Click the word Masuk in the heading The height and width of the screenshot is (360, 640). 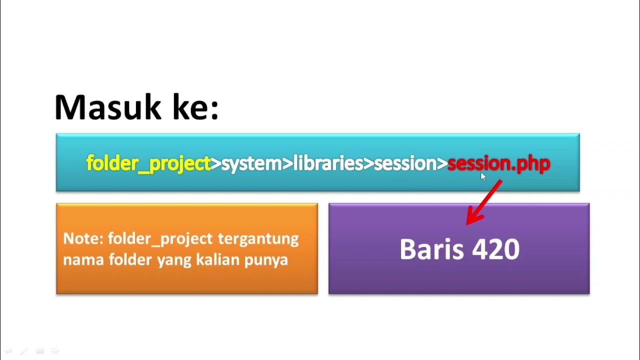pos(108,107)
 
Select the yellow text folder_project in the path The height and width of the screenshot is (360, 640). pos(148,163)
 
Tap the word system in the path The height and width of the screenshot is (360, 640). pos(251,163)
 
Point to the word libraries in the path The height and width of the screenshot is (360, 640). pos(327,163)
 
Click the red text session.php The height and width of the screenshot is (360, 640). pos(498,163)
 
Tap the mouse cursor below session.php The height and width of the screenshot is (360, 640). pos(483,176)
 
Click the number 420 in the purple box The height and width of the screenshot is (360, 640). pos(495,249)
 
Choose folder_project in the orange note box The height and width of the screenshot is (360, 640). pos(160,238)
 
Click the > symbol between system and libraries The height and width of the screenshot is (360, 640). pos(287,163)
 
